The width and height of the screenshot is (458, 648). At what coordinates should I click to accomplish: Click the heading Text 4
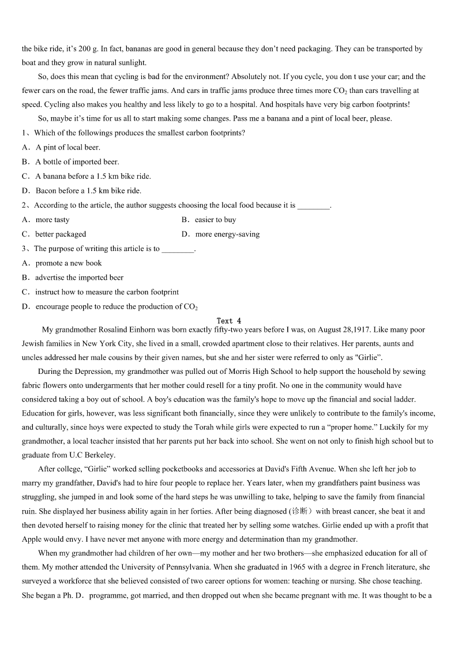(x=229, y=321)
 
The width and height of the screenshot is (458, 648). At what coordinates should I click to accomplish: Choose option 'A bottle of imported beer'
(x=77, y=162)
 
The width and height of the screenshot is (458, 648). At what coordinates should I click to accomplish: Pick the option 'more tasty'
(x=52, y=220)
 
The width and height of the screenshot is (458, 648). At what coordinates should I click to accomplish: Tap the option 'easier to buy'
(x=215, y=220)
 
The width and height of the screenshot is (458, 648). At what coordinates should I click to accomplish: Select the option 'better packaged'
(x=61, y=234)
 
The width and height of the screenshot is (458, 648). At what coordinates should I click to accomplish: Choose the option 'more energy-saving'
(x=227, y=234)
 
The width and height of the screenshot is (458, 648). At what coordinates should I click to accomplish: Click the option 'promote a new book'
(x=69, y=263)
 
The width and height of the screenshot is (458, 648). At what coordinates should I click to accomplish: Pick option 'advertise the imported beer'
(x=80, y=278)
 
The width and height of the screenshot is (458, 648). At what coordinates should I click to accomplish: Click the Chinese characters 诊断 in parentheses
(x=301, y=511)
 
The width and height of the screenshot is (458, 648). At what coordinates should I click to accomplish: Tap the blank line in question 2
(x=313, y=205)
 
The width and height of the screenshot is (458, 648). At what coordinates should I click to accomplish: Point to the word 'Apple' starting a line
(x=32, y=540)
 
